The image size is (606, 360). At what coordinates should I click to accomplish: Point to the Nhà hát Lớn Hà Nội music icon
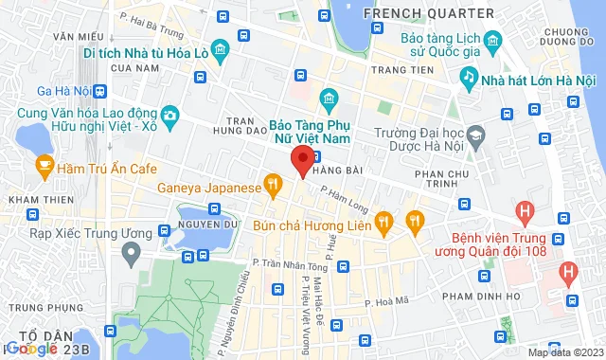468,75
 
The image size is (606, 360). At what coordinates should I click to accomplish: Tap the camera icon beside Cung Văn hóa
169,117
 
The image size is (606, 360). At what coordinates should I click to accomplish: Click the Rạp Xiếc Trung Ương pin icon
132,250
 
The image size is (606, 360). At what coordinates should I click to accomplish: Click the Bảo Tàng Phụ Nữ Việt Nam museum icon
329,99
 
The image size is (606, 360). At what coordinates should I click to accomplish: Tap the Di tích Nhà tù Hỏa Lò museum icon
220,48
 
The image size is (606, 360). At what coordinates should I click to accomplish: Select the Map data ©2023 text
564,352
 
